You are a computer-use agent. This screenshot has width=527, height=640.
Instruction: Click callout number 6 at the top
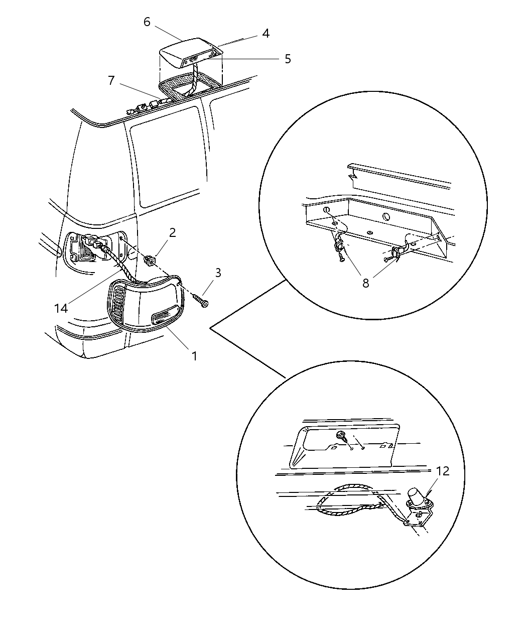pyautogui.click(x=147, y=22)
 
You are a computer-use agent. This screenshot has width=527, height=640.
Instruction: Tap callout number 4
pyautogui.click(x=266, y=34)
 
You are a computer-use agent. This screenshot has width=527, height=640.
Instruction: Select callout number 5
pyautogui.click(x=288, y=59)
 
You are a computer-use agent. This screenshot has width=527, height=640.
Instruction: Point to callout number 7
pyautogui.click(x=111, y=81)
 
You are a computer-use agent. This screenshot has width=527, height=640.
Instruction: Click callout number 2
pyautogui.click(x=173, y=232)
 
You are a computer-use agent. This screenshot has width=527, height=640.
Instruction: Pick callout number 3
pyautogui.click(x=218, y=273)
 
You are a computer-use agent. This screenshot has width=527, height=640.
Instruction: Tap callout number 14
pyautogui.click(x=61, y=308)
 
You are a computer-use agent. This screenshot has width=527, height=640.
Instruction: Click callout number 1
pyautogui.click(x=194, y=356)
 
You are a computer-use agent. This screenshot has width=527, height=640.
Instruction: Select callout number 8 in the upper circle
pyautogui.click(x=365, y=284)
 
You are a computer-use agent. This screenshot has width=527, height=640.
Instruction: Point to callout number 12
pyautogui.click(x=443, y=471)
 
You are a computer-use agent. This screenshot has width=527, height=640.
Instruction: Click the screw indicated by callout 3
pyautogui.click(x=200, y=300)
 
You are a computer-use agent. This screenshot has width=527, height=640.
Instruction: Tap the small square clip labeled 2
pyautogui.click(x=149, y=261)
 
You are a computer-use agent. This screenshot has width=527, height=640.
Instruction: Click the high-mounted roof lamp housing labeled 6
pyautogui.click(x=190, y=54)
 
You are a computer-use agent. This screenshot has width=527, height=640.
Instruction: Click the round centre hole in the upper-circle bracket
pyautogui.click(x=386, y=217)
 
